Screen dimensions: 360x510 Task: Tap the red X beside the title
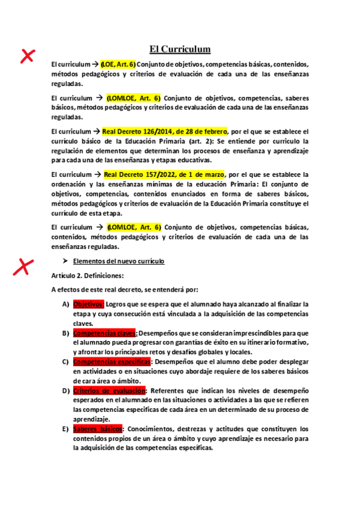coord(26,57)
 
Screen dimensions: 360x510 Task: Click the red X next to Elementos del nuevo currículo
coord(24,266)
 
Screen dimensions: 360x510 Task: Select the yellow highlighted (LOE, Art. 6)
coord(118,64)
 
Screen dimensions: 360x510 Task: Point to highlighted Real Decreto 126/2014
coord(165,131)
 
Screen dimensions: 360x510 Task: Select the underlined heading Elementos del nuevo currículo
coord(118,262)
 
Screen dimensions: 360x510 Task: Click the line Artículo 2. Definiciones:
coord(88,275)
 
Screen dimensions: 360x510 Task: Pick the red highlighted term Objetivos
coord(88,304)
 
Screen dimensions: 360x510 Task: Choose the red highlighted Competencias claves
coord(105,333)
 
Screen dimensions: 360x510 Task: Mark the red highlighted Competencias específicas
coord(111,361)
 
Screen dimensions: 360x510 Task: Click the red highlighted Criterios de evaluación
coord(111,390)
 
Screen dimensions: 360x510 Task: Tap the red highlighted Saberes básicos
coord(97,429)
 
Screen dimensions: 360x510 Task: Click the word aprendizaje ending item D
coord(91,419)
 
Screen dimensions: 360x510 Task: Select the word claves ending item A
coord(83,323)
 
